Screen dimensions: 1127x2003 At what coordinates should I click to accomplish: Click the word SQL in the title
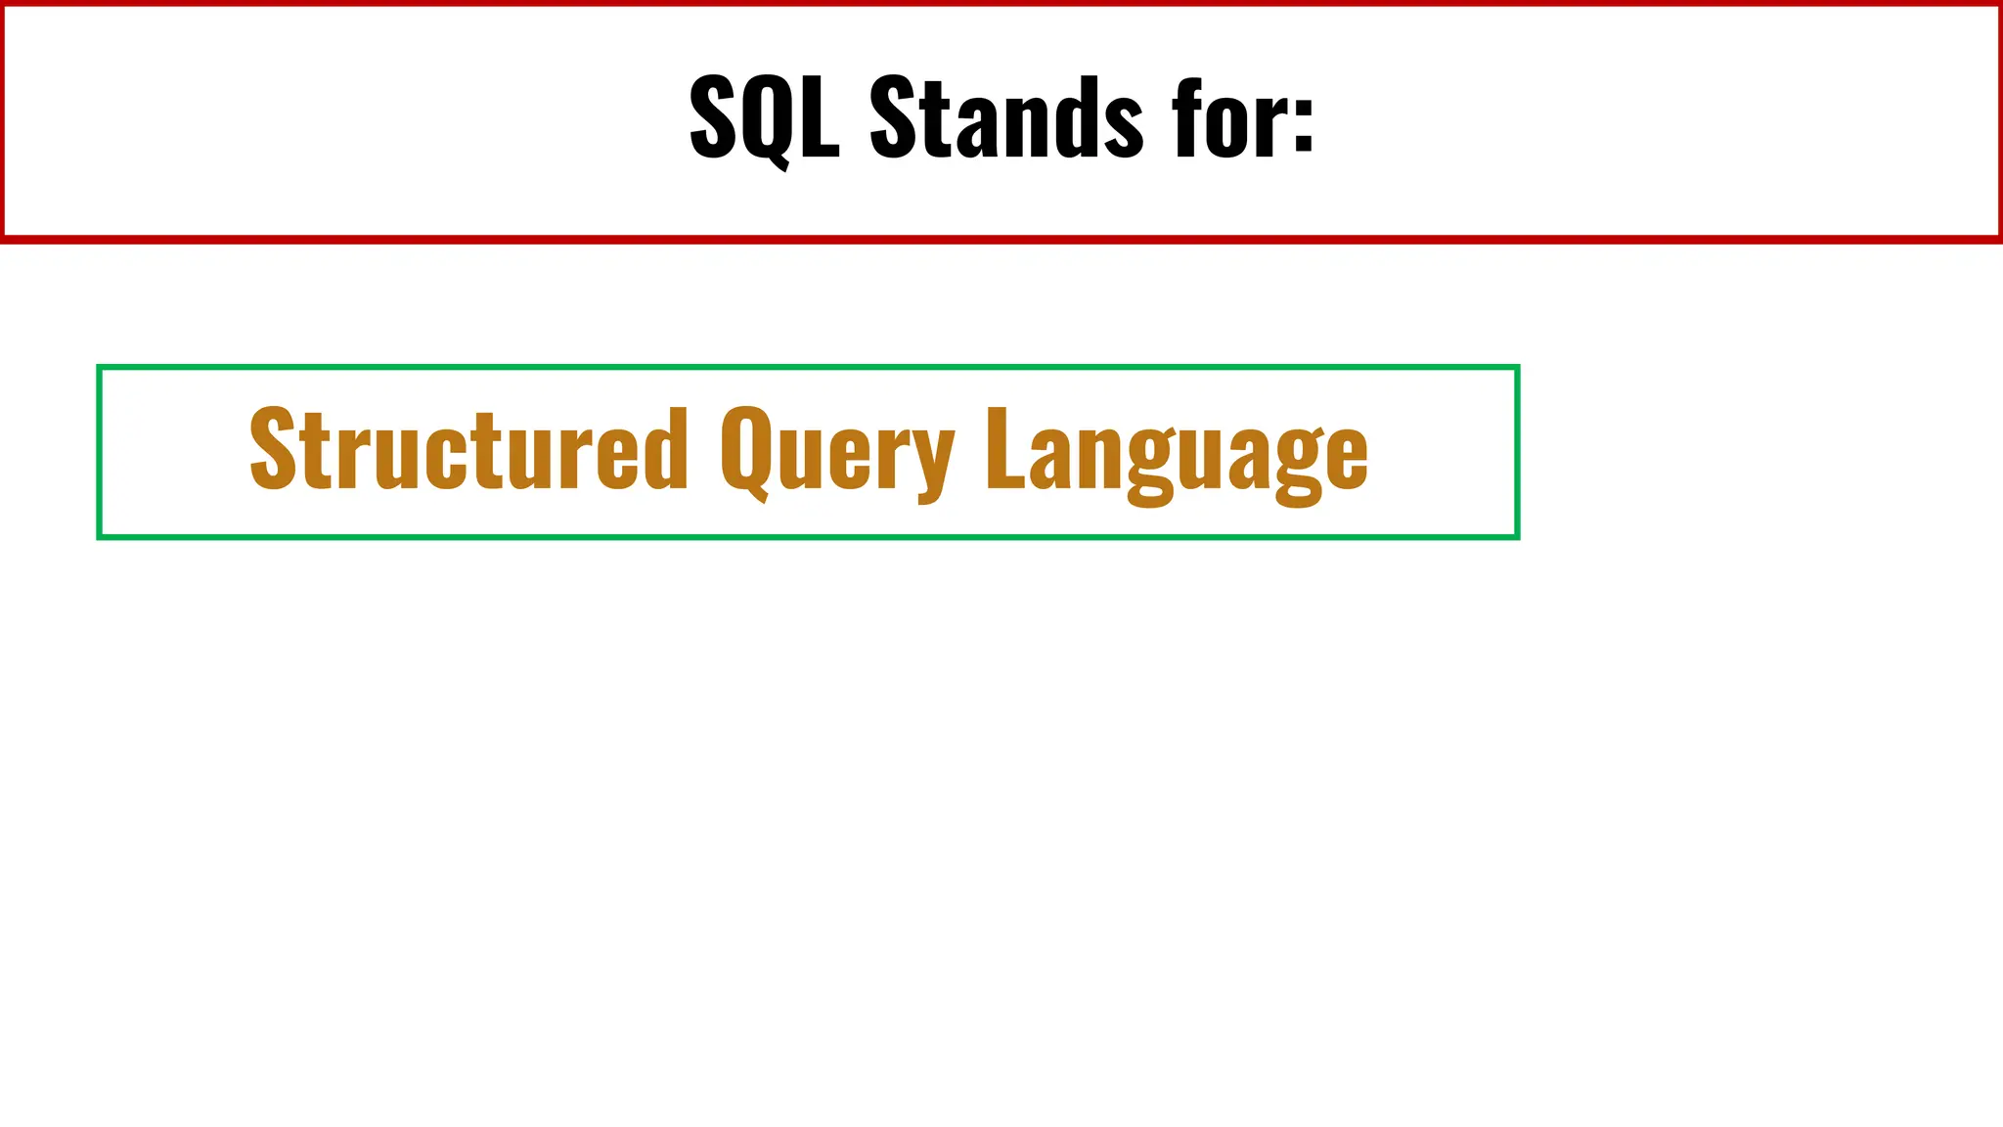pos(764,117)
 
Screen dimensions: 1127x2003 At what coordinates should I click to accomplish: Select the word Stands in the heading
pos(1005,117)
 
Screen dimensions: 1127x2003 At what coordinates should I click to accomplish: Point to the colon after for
pos(1303,122)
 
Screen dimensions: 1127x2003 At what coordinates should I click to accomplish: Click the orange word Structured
pos(468,450)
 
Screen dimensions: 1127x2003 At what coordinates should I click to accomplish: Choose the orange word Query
pos(837,452)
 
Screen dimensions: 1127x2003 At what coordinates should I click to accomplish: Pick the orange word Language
pos(1177,452)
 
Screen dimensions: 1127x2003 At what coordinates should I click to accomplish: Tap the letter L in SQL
pos(820,117)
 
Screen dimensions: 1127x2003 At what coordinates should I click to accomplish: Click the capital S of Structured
pos(273,448)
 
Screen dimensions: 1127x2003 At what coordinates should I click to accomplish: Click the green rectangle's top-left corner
pos(99,367)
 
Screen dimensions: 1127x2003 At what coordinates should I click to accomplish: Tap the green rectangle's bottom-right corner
pos(1517,536)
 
